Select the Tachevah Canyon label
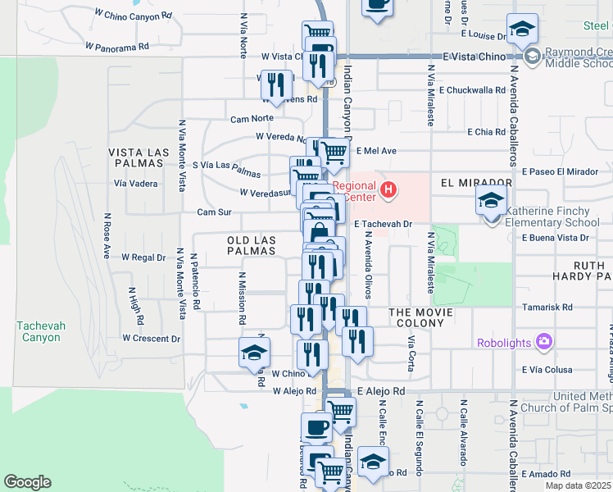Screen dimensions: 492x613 (39, 331)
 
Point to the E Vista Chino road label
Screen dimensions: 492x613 (472, 57)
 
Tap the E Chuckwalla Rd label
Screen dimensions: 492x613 (472, 90)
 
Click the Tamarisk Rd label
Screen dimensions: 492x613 (541, 307)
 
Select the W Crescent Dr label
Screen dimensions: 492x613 (151, 338)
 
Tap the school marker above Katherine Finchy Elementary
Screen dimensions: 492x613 (491, 201)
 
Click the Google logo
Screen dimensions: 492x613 (27, 482)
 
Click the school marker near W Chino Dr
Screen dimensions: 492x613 (254, 353)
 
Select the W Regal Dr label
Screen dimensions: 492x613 (143, 257)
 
